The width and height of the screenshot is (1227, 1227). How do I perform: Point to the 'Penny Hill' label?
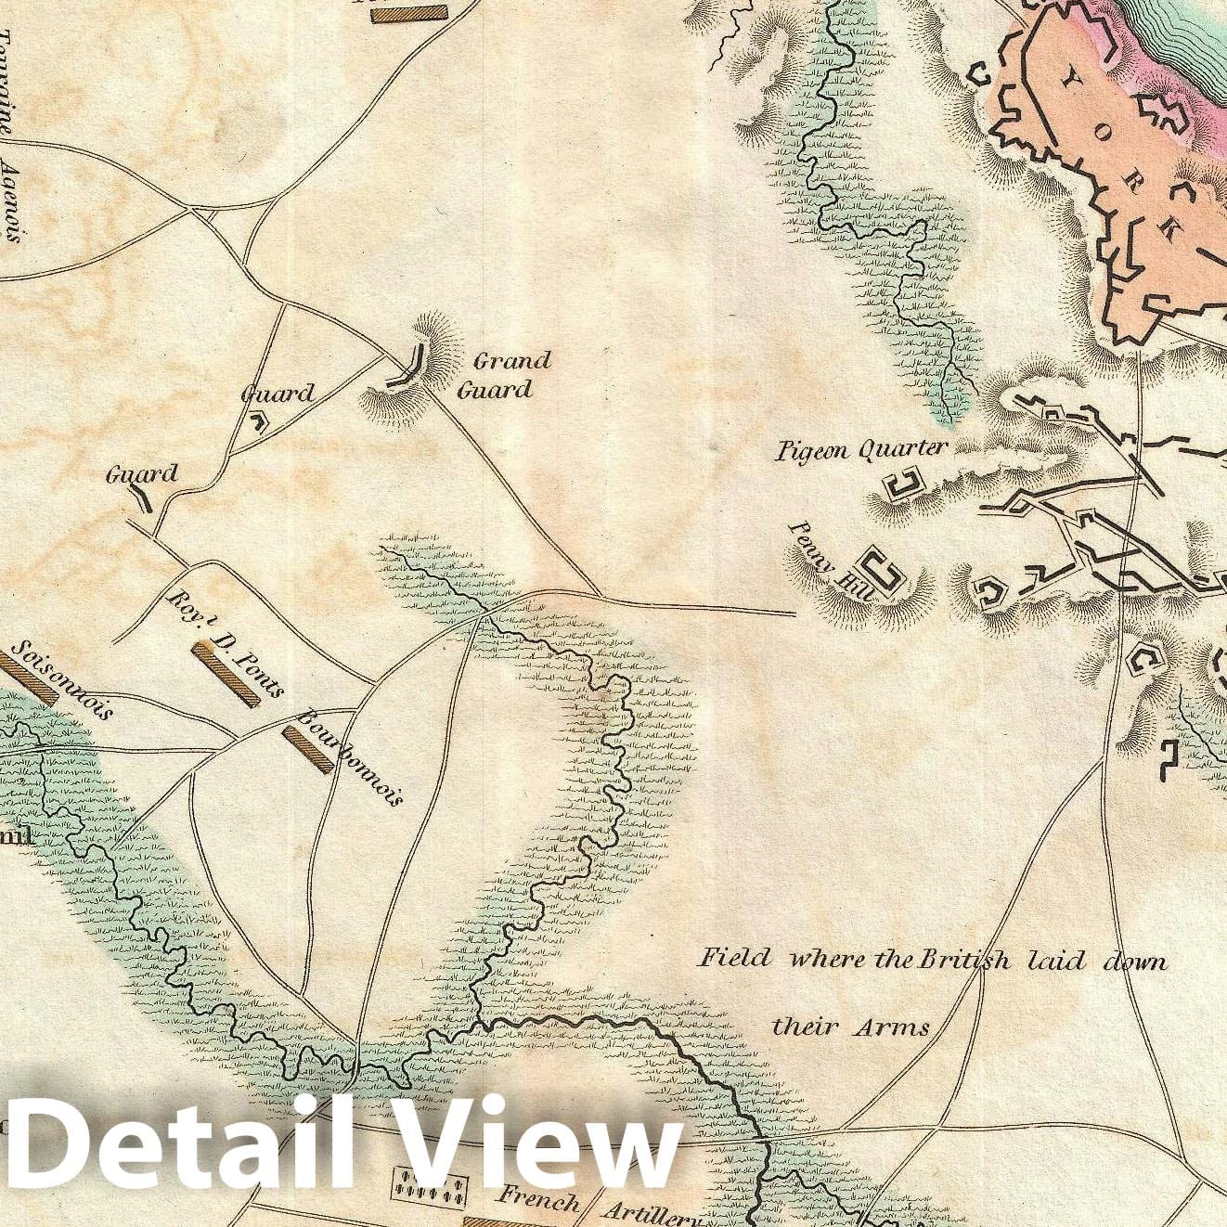[x=821, y=562]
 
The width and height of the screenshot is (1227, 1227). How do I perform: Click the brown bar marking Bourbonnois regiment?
[x=307, y=749]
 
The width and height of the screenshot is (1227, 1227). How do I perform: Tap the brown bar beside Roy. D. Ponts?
[x=226, y=676]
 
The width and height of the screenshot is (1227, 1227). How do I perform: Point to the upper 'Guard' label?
[x=278, y=394]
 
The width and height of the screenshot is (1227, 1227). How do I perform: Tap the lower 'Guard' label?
[x=142, y=475]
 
